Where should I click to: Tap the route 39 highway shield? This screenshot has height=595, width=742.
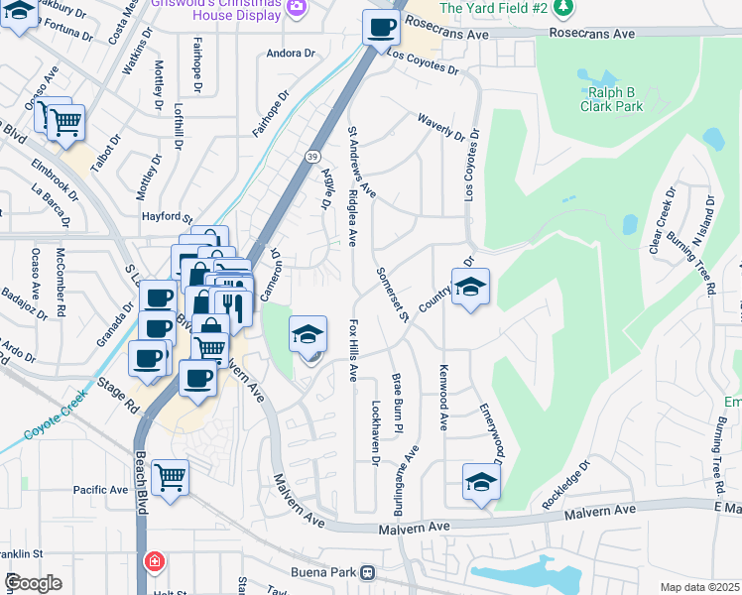[312, 157]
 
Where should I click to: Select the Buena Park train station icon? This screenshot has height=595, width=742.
[368, 572]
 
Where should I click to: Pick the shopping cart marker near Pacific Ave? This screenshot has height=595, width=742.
[171, 477]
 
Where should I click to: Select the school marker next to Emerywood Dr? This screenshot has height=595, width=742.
[481, 482]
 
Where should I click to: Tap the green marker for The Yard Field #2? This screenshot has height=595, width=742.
[564, 8]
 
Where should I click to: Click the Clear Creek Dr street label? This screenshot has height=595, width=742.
[662, 220]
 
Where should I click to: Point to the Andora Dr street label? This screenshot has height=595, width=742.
[291, 53]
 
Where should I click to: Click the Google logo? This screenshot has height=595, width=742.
[34, 582]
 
